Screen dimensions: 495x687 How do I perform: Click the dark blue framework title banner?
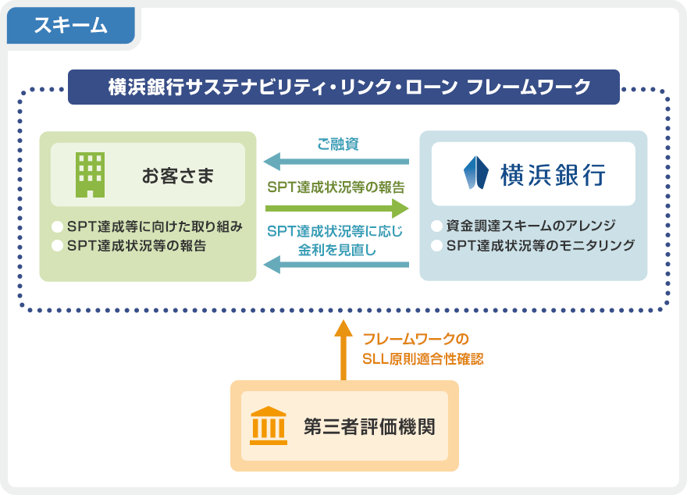343,87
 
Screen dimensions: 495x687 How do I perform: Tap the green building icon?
90,174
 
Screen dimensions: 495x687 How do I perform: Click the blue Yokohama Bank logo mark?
475,173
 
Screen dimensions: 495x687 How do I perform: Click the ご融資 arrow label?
337,144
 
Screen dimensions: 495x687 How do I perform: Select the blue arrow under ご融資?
336,162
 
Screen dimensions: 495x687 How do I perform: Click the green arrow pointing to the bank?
336,208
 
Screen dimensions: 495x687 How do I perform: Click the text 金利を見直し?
336,250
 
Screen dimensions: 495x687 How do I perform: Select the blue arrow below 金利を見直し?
336,266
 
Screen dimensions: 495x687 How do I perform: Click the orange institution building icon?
268,425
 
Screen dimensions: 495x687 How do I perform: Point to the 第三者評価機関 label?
368,427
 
